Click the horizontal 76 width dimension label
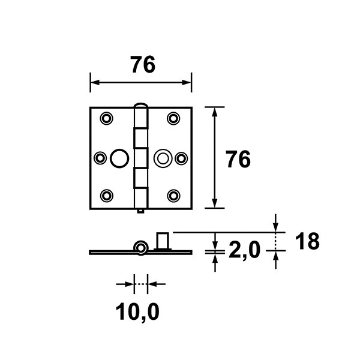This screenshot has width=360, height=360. (143, 65)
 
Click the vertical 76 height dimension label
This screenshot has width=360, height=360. (238, 159)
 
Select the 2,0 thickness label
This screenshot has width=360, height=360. (245, 250)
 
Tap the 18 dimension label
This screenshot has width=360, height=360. (307, 241)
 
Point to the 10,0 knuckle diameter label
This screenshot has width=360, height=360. (137, 312)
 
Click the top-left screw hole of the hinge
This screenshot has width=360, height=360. (107, 118)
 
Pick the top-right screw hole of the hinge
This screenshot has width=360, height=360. (173, 118)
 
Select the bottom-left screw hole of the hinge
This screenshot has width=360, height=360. (107, 196)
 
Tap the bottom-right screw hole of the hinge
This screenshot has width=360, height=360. (173, 196)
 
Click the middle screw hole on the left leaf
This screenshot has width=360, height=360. (100, 158)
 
